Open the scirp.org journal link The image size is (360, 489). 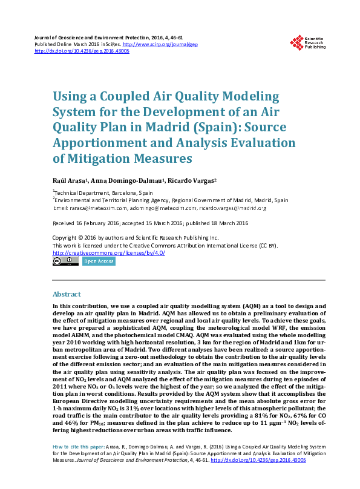point(160,44)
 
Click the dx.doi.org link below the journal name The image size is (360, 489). point(82,51)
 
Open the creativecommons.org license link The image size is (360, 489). point(109,253)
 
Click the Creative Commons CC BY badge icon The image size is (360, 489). point(65,261)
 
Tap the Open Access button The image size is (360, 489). point(98,261)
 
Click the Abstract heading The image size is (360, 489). point(67,294)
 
